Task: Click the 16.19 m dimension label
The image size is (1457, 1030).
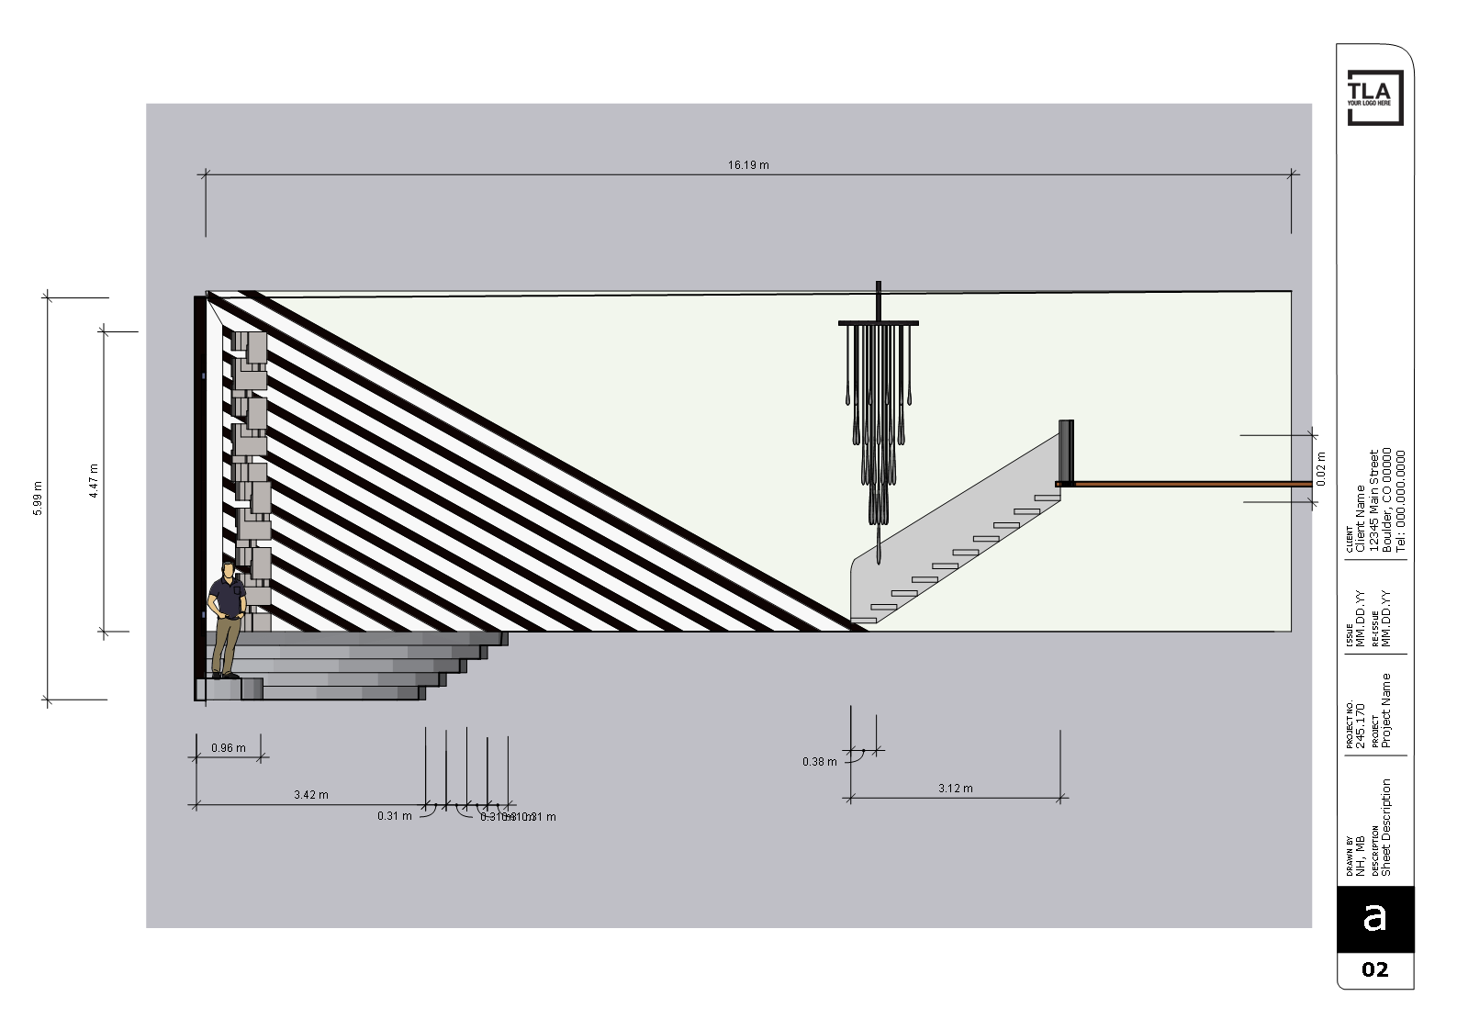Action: click(748, 165)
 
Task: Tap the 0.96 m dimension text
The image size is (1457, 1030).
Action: click(229, 748)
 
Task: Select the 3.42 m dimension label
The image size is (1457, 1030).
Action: click(311, 795)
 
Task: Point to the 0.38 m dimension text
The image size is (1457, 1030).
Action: click(819, 762)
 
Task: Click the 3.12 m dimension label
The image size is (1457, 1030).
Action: click(956, 789)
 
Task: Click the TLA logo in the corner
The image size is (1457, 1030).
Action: click(1374, 97)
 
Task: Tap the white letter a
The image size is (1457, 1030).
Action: click(1374, 916)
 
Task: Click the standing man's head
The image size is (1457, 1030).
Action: click(228, 570)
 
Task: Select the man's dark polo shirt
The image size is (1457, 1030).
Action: click(227, 598)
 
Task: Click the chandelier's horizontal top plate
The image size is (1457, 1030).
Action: click(878, 323)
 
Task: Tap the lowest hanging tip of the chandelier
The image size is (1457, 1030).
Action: click(879, 560)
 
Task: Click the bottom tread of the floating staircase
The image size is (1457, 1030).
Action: click(863, 621)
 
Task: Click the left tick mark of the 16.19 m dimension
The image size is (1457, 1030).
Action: click(206, 173)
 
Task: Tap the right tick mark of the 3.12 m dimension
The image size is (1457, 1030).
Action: click(1061, 799)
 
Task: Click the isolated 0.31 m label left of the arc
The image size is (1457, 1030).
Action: click(395, 816)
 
